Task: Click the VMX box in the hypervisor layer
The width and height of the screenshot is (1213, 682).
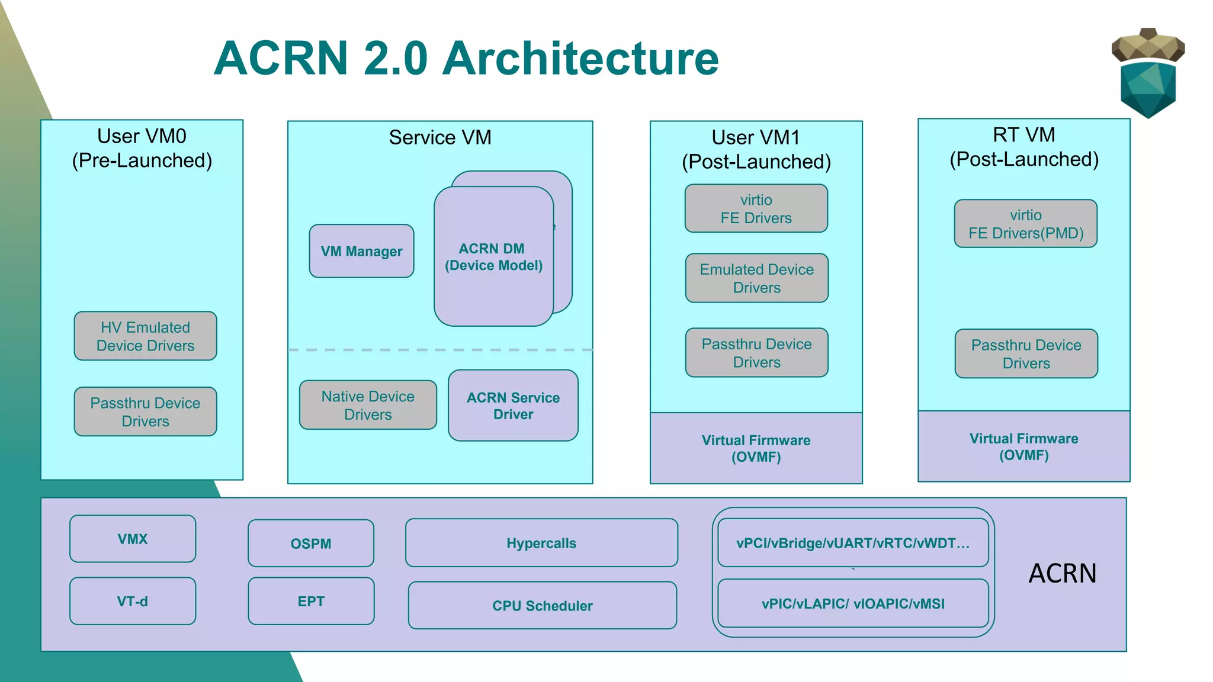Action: point(133,539)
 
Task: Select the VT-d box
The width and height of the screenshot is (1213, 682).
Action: point(133,601)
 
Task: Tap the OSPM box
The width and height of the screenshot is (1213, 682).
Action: point(311,543)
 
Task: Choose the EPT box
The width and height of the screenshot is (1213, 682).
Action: point(311,601)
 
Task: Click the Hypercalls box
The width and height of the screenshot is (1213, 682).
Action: point(541,543)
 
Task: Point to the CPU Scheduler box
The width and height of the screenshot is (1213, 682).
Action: point(542,605)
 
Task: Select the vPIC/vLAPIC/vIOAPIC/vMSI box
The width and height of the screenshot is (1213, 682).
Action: point(853,603)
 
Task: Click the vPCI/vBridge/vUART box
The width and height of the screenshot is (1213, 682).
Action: point(853,543)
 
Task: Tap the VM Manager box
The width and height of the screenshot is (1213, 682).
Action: point(361,251)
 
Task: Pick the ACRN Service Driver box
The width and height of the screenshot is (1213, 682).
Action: point(513,406)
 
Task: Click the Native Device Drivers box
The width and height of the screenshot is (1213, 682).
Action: point(368,405)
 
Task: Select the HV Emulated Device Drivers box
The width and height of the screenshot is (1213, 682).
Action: point(145,336)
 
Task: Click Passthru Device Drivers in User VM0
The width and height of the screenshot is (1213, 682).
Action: point(145,411)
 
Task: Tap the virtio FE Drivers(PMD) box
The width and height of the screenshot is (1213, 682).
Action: point(1026,224)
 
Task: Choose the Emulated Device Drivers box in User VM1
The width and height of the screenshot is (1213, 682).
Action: point(756,278)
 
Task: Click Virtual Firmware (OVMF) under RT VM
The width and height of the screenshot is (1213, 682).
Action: point(1023,446)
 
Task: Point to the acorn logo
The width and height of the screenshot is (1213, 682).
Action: point(1148,73)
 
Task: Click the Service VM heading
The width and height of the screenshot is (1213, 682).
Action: point(440,137)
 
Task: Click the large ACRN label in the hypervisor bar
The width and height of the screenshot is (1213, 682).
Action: point(1063,573)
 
